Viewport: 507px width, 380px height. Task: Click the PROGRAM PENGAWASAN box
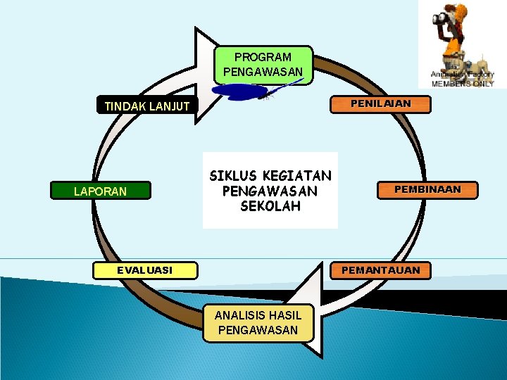click(263, 64)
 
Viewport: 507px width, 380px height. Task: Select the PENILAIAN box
click(381, 104)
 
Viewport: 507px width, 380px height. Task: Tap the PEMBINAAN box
click(427, 190)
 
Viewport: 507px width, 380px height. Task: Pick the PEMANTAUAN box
click(380, 270)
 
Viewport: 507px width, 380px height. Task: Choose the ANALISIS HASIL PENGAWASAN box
click(258, 323)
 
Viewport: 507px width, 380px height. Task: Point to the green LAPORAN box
click(100, 191)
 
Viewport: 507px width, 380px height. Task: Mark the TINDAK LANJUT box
click(146, 106)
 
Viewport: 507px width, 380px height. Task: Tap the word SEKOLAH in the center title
click(270, 206)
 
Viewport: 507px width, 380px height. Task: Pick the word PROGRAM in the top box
click(263, 57)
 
